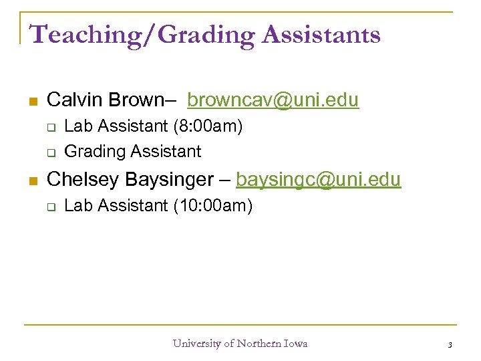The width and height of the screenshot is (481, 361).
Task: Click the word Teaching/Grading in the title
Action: tap(142, 34)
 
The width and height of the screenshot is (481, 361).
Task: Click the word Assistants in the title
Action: tap(321, 34)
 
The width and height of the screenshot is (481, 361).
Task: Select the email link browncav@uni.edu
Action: tap(273, 100)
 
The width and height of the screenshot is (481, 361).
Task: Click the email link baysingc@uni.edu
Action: tap(318, 179)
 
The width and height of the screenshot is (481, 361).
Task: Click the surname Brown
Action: tap(137, 100)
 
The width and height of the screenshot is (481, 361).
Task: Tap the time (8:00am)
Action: tap(208, 126)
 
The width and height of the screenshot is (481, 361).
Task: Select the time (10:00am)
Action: tap(213, 206)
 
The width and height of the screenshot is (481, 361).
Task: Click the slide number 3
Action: tap(450, 345)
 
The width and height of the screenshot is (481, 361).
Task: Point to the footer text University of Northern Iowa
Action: tap(240, 344)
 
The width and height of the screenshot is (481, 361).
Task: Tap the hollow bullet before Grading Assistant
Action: tap(50, 152)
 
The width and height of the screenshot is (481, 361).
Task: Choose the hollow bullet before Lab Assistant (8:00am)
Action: tap(50, 127)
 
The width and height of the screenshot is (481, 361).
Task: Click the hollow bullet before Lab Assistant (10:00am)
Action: tap(50, 207)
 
